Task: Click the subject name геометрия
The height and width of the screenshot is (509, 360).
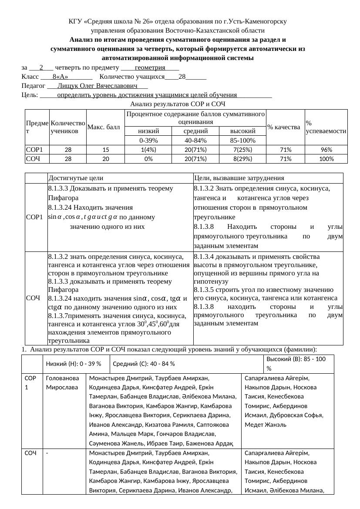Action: [x=150, y=67]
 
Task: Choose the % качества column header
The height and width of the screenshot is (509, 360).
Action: [x=284, y=127]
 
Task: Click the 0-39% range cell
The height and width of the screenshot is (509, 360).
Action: [x=148, y=141]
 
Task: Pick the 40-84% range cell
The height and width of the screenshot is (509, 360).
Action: [x=195, y=141]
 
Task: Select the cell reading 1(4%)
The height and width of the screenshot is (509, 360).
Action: [x=148, y=149]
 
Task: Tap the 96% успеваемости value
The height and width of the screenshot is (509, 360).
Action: [x=326, y=149]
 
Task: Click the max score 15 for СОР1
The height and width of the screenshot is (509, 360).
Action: [x=105, y=149]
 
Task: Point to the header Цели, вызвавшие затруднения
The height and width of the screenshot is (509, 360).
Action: [x=239, y=178]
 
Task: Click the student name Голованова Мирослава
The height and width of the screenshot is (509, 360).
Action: [x=62, y=383]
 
